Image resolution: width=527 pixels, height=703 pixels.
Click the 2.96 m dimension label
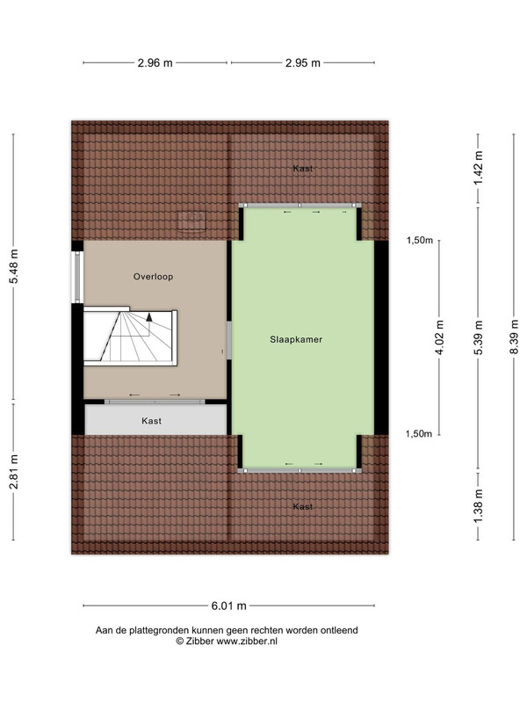click(155, 62)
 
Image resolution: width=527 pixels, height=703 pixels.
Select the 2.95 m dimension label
click(303, 62)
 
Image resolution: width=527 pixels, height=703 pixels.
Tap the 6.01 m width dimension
click(229, 605)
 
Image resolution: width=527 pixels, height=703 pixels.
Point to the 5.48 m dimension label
click(13, 266)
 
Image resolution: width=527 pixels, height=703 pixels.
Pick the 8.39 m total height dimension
click(514, 337)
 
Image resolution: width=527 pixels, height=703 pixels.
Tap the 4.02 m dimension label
click(440, 337)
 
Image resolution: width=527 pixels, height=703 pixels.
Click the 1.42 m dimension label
click(479, 168)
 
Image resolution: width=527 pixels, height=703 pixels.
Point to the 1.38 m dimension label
click(479, 505)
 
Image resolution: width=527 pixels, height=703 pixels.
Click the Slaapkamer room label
click(296, 339)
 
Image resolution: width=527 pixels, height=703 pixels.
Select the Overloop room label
click(153, 277)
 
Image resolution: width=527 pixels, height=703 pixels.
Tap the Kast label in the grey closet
click(151, 421)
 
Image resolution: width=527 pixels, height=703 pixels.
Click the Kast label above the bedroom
click(303, 169)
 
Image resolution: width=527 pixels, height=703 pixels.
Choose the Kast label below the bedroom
click(303, 507)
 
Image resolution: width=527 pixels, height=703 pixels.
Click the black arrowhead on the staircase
click(148, 317)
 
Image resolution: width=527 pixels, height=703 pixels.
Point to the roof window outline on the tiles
click(191, 221)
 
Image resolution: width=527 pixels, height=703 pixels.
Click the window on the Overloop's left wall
click(77, 276)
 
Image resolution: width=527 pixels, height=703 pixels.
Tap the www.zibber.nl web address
click(247, 641)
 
